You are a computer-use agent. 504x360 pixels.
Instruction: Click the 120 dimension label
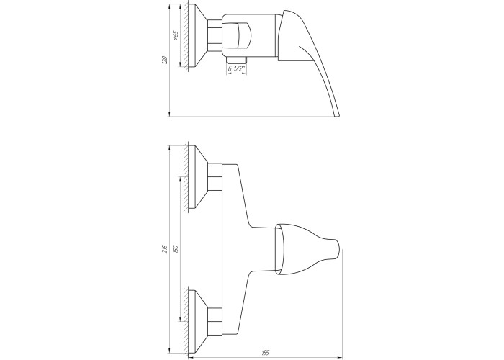[x=165, y=60]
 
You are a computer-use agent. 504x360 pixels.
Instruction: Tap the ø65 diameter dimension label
[x=176, y=36]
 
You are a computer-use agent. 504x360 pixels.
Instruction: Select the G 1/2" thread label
[x=236, y=68]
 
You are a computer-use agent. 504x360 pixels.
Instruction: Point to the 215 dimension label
[x=165, y=249]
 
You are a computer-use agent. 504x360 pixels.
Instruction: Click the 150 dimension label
[x=176, y=249]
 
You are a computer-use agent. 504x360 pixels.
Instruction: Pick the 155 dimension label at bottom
[x=266, y=354]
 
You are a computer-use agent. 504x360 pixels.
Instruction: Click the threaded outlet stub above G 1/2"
[x=236, y=60]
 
